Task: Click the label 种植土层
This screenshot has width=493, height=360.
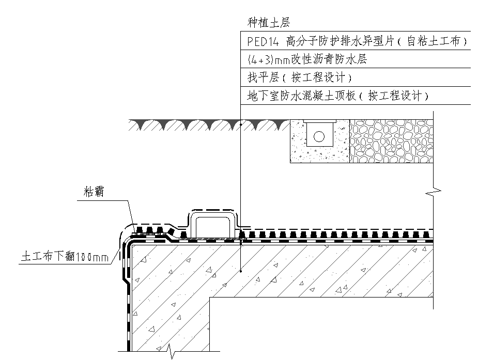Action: click(x=269, y=23)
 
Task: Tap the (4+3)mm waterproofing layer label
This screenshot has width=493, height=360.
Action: click(x=307, y=59)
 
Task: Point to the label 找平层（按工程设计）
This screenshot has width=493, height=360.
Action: click(x=300, y=78)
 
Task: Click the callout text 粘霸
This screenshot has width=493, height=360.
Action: click(x=94, y=192)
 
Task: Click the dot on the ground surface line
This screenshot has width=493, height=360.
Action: click(x=241, y=125)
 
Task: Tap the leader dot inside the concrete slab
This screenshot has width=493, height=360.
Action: click(x=241, y=271)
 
